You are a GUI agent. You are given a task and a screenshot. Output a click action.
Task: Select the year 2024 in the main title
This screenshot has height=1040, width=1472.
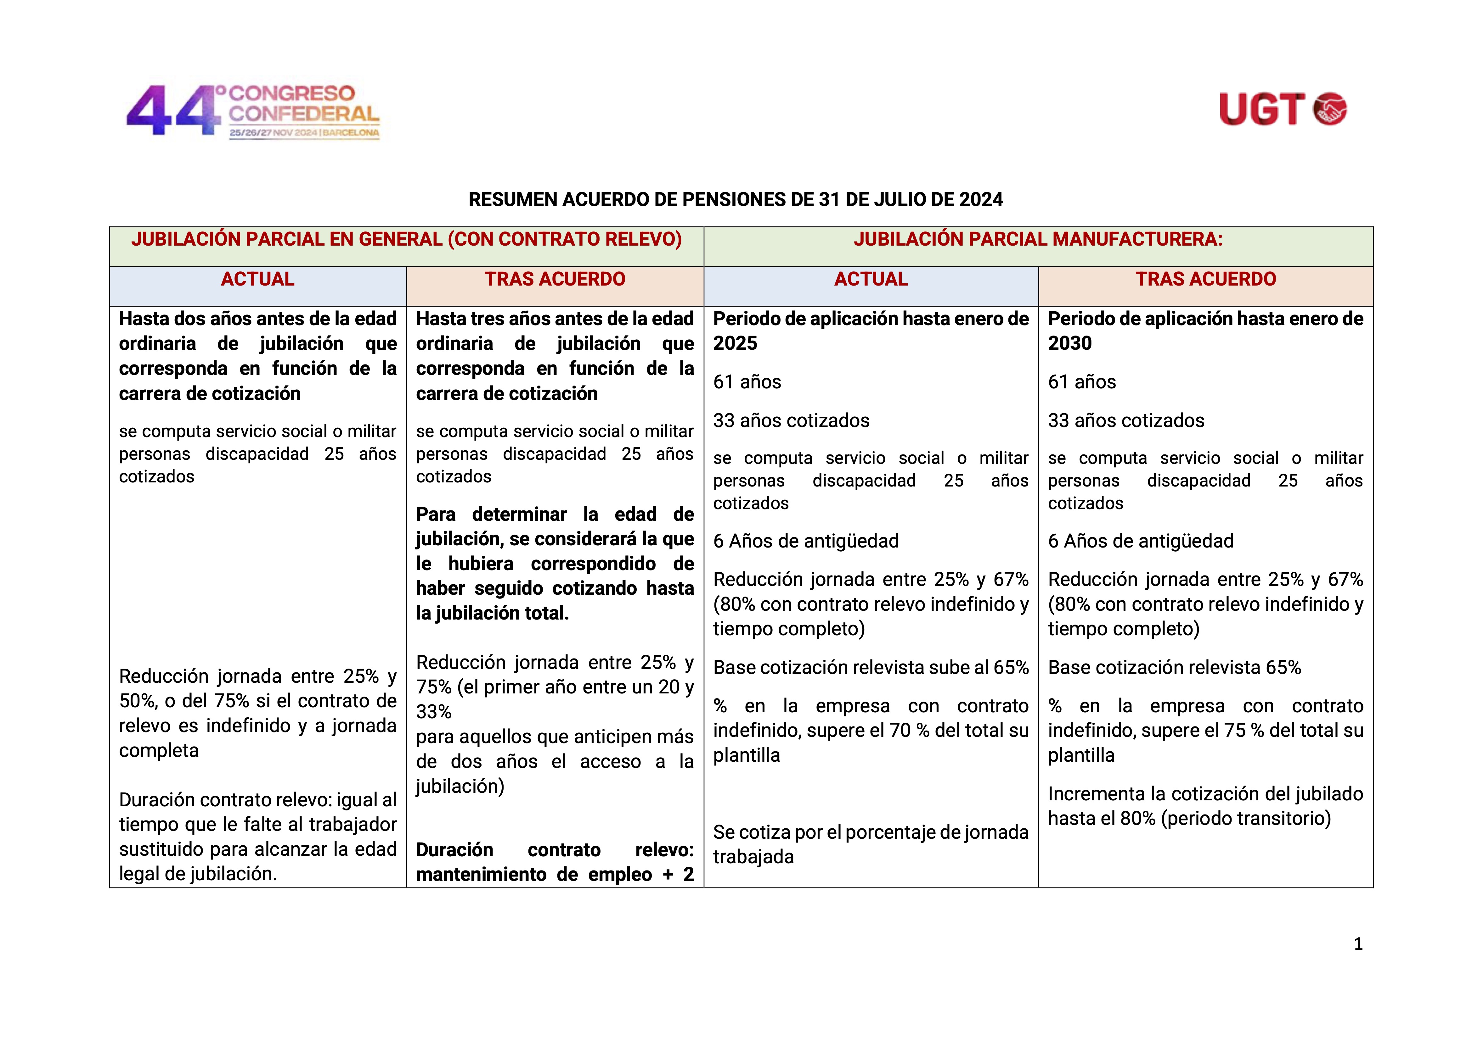981,200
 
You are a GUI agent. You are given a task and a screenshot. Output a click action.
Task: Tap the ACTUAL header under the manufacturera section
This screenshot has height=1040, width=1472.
871,279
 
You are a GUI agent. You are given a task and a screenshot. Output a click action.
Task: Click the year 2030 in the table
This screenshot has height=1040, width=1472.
1069,343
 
